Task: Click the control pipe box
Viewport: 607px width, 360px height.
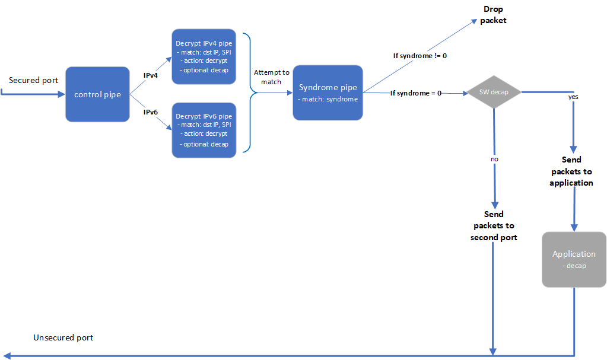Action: pyautogui.click(x=97, y=94)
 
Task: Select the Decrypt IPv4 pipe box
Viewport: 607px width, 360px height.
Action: pyautogui.click(x=204, y=57)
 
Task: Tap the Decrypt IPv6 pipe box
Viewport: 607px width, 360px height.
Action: pyautogui.click(x=204, y=130)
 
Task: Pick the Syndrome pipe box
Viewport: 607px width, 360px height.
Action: pyautogui.click(x=328, y=93)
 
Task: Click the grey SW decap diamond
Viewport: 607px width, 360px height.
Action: pyautogui.click(x=494, y=93)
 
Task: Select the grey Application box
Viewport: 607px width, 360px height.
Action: pyautogui.click(x=574, y=259)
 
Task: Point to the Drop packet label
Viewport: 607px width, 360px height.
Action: pyautogui.click(x=494, y=15)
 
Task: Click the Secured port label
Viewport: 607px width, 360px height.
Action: pyautogui.click(x=33, y=80)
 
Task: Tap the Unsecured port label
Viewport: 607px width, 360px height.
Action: pyautogui.click(x=63, y=337)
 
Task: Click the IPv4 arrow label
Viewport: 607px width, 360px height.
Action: pyautogui.click(x=151, y=76)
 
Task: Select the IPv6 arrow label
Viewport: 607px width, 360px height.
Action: pyautogui.click(x=151, y=111)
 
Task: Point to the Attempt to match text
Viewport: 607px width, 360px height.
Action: pyautogui.click(x=271, y=77)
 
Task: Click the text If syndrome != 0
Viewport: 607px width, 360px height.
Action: pyautogui.click(x=420, y=56)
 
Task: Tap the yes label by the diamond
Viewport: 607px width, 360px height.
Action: pyautogui.click(x=573, y=96)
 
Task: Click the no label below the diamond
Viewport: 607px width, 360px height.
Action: pyautogui.click(x=494, y=160)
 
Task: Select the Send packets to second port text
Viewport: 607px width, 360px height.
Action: pyautogui.click(x=494, y=225)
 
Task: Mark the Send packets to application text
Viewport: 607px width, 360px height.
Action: pyautogui.click(x=571, y=171)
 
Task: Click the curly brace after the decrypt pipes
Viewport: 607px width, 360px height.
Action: pyautogui.click(x=249, y=93)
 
